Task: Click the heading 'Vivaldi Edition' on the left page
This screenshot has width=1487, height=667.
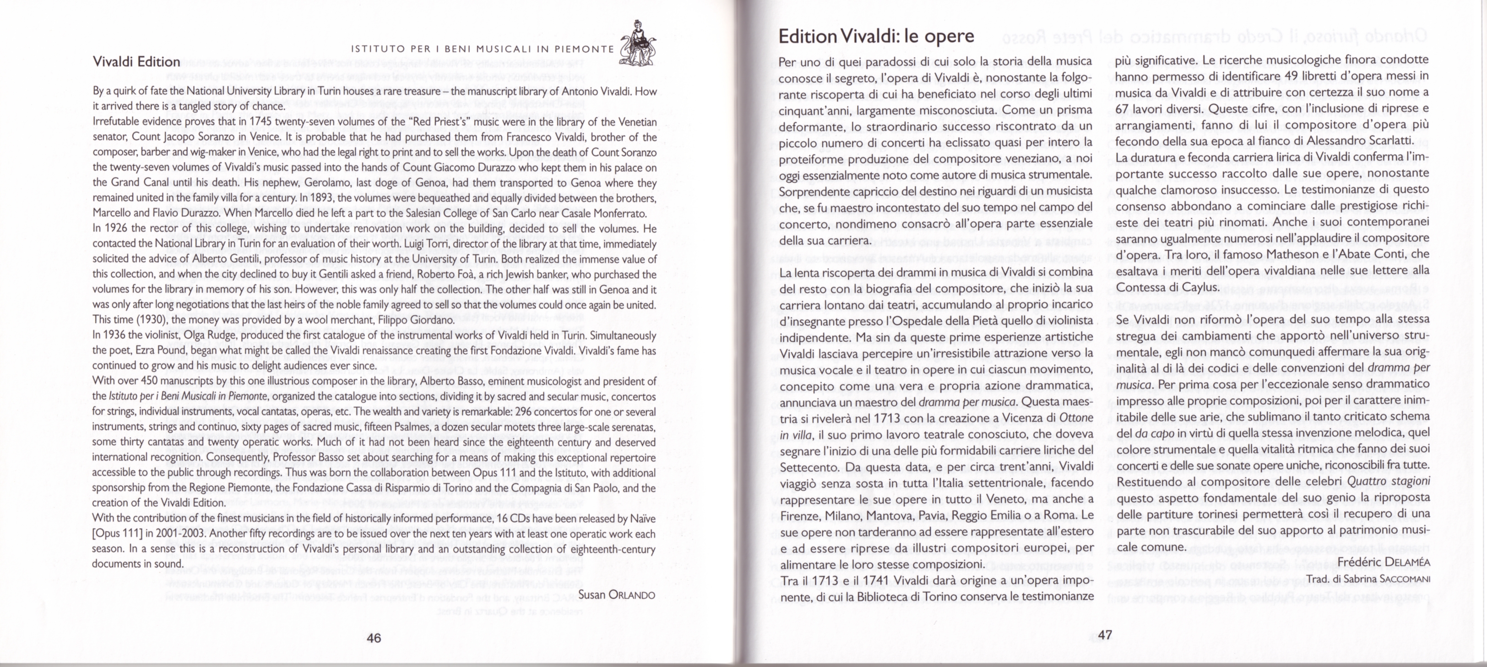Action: [137, 62]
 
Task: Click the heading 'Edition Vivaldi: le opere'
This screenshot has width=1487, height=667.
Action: [876, 36]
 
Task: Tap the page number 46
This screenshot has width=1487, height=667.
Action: [374, 638]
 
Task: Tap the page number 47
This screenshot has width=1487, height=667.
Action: [1105, 635]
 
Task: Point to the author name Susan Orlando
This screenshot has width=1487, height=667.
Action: [617, 595]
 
